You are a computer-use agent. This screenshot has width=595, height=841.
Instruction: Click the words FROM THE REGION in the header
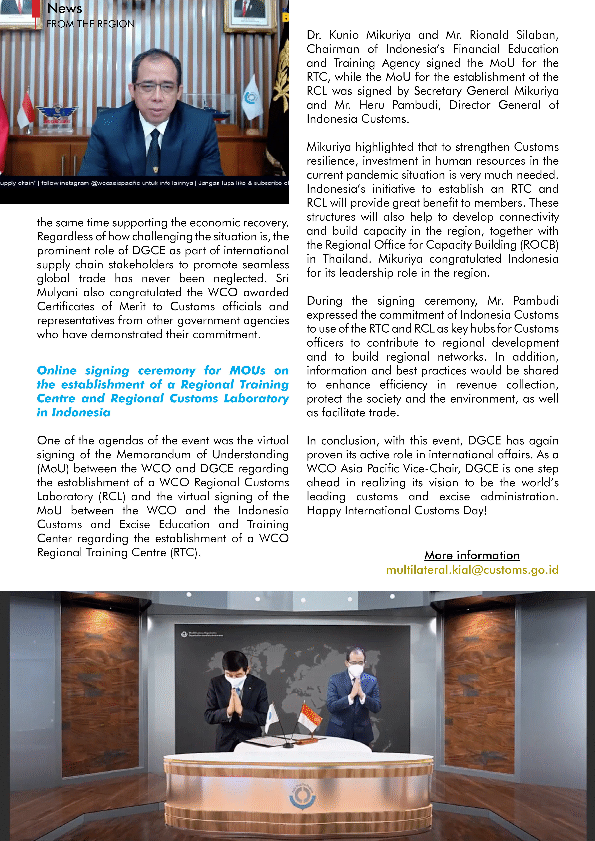(x=91, y=24)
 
